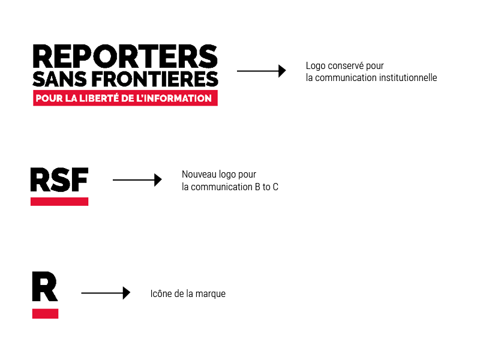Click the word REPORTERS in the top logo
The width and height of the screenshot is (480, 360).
125,56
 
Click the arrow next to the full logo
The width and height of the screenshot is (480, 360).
261,71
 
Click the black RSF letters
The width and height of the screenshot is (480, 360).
59,179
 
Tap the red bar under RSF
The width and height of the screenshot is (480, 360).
59,201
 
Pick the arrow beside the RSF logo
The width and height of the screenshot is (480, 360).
137,179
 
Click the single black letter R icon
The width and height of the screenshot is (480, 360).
44,287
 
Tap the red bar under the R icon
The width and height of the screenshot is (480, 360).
45,313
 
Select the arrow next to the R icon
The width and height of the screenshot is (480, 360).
106,293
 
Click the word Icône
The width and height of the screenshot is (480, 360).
161,294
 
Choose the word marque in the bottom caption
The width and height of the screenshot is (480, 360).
211,294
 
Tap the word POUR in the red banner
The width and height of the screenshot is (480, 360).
46,98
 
